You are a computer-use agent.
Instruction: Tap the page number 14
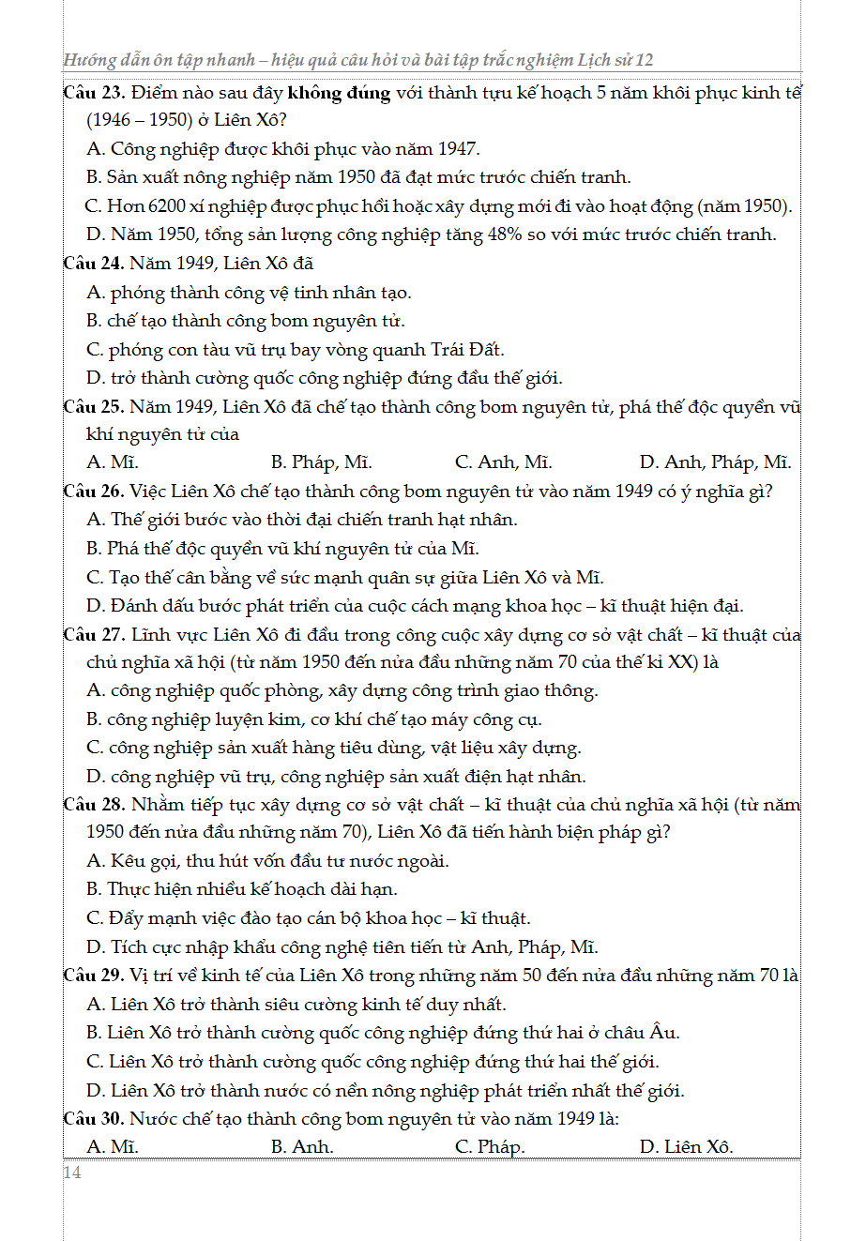(x=72, y=1173)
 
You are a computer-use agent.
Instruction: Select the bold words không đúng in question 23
(x=339, y=93)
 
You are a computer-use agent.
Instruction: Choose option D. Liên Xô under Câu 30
(x=686, y=1147)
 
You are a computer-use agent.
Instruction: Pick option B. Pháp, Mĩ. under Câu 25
(x=321, y=462)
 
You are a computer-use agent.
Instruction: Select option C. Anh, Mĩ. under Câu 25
(x=503, y=462)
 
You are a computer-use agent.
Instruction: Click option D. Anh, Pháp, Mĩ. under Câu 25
(x=715, y=462)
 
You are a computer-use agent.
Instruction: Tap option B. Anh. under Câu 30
(x=302, y=1147)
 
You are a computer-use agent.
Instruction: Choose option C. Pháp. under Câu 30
(x=490, y=1147)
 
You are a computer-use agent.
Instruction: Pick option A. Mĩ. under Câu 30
(x=113, y=1147)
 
